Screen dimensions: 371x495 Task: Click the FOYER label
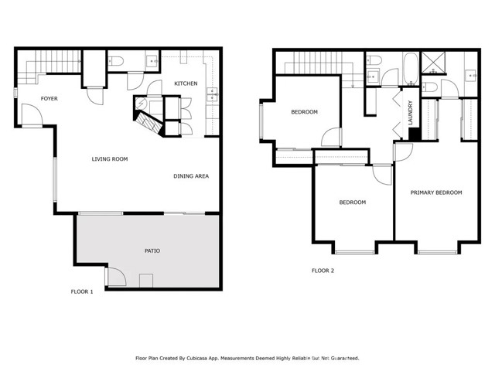49,98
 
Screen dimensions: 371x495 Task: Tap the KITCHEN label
186,83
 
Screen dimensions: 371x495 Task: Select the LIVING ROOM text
110,159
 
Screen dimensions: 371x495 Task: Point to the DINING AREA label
191,176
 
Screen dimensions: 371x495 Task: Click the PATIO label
152,251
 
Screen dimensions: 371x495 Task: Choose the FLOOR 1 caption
82,291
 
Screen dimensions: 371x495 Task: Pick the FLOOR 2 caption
323,271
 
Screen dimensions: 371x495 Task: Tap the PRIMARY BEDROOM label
436,192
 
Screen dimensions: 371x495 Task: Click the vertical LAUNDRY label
411,113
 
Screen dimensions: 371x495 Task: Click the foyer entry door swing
32,116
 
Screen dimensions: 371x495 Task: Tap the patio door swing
115,275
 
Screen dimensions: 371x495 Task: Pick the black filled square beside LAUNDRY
415,134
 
